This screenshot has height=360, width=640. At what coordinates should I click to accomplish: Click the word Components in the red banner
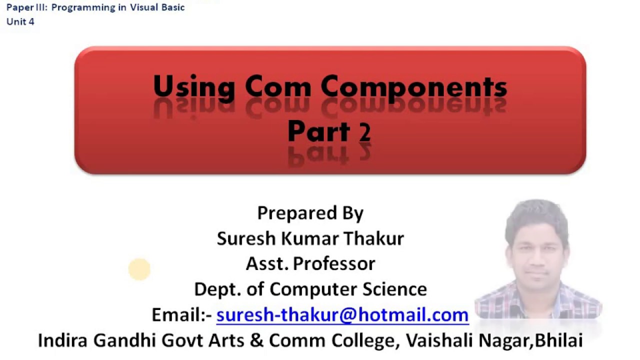(x=414, y=87)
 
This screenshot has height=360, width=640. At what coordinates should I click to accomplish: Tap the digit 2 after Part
(x=364, y=132)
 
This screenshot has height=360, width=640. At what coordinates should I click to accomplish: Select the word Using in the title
(x=193, y=87)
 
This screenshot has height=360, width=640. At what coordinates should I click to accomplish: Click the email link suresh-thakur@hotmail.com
(x=342, y=314)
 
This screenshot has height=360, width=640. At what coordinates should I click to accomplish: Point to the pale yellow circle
(x=139, y=269)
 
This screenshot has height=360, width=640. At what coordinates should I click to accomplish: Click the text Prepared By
(x=310, y=213)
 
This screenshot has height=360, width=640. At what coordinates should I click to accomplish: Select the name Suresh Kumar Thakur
(x=310, y=238)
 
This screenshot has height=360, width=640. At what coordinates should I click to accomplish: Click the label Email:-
(x=182, y=314)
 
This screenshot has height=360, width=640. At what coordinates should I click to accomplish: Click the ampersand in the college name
(x=256, y=340)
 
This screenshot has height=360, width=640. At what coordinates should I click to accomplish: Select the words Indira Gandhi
(x=88, y=340)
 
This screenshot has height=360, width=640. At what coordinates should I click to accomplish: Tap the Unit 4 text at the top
(x=20, y=21)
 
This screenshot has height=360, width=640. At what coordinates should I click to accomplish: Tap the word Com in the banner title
(x=278, y=87)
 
